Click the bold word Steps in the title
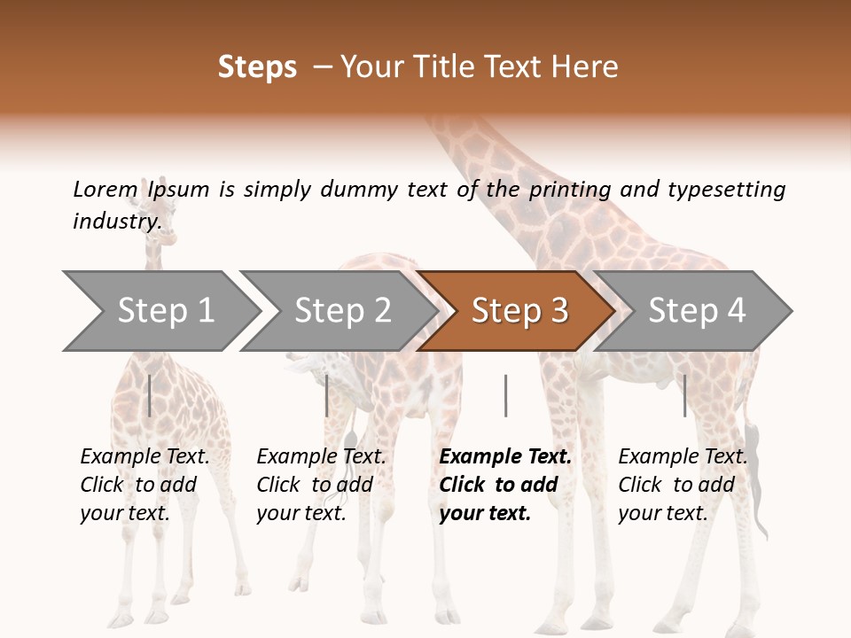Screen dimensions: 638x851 pos(257,67)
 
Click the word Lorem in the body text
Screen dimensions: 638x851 pos(105,190)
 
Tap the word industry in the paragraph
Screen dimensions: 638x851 pos(116,222)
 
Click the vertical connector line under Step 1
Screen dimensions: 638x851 pos(150,395)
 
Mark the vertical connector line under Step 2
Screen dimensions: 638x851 pos(327,395)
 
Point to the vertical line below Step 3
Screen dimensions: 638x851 pos(505,395)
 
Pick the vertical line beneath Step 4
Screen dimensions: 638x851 pos(684,395)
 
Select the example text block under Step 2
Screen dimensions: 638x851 pos(322,485)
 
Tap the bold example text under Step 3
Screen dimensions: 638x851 pos(505,485)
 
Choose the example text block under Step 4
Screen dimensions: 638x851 pos(683,485)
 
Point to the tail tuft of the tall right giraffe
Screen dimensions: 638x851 pos(755,478)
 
